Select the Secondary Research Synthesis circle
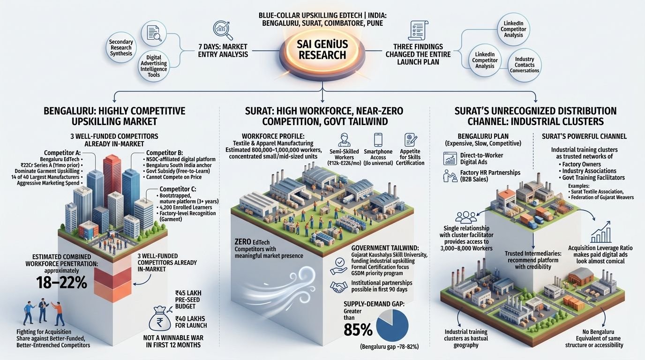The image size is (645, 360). pyautogui.click(x=121, y=47)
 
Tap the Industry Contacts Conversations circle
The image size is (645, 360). pyautogui.click(x=525, y=65)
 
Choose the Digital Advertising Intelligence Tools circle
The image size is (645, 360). pyautogui.click(x=153, y=66)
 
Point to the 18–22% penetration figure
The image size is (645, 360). pyautogui.click(x=61, y=283)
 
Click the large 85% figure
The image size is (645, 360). pyautogui.click(x=358, y=330)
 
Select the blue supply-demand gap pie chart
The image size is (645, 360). pyautogui.click(x=392, y=325)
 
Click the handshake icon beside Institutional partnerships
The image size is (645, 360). pyautogui.click(x=338, y=286)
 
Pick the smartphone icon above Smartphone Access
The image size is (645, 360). pyautogui.click(x=378, y=140)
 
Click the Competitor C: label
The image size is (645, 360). pyautogui.click(x=178, y=189)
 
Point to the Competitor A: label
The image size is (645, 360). pyautogui.click(x=62, y=153)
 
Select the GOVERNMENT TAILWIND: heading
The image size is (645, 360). pyautogui.click(x=385, y=248)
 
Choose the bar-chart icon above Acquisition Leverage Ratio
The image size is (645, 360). pyautogui.click(x=600, y=232)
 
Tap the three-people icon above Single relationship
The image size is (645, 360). pyautogui.click(x=466, y=217)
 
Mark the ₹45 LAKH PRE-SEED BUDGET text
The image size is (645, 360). pyautogui.click(x=188, y=300)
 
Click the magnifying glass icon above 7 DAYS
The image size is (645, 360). pyautogui.click(x=223, y=30)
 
